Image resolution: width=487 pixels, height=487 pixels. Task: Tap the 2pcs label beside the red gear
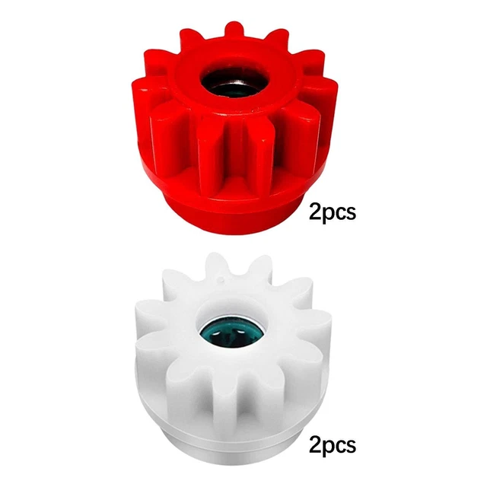(333, 213)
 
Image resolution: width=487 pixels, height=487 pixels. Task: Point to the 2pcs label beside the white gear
(333, 446)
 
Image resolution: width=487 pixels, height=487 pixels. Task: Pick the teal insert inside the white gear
(232, 333)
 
